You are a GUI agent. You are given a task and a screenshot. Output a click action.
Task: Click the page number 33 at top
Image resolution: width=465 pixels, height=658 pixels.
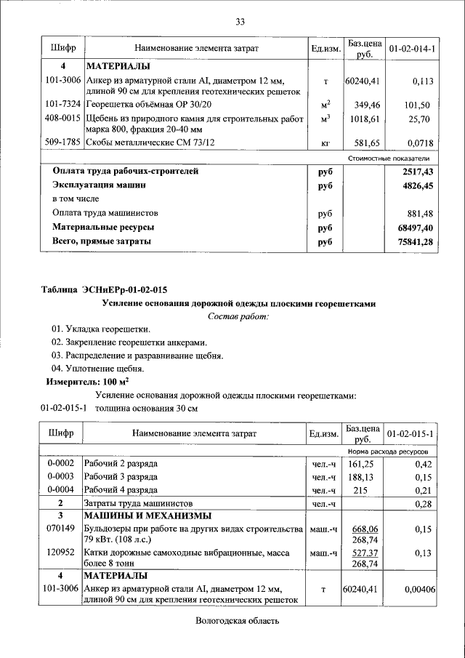click(240, 21)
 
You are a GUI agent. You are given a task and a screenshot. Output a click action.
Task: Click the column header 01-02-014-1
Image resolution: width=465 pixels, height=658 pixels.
click(412, 48)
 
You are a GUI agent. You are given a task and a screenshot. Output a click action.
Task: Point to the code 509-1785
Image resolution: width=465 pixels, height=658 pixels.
click(62, 143)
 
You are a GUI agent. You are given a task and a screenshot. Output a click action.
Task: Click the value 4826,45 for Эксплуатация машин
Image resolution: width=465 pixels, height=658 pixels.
click(414, 185)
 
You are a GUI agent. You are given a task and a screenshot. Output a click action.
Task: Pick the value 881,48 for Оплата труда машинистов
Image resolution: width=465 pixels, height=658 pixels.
click(416, 213)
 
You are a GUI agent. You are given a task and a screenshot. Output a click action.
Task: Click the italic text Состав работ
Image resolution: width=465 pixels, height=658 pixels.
click(238, 316)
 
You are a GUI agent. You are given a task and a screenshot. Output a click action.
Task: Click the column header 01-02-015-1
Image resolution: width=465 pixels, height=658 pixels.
click(412, 434)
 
